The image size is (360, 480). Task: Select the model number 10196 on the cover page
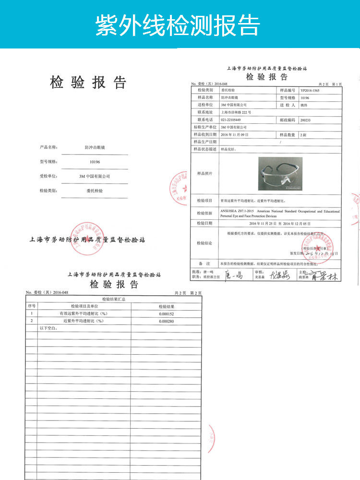point(94,162)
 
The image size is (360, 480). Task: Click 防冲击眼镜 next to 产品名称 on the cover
point(94,147)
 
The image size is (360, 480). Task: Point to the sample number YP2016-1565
point(310,90)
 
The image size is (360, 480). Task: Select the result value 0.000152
point(166,313)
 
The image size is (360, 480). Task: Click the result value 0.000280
point(166,321)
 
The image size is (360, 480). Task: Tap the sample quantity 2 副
point(303,134)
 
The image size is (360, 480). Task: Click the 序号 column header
point(32,306)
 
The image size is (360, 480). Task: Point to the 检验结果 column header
point(166,306)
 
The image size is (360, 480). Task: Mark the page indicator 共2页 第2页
point(187,293)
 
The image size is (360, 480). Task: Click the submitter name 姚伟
point(303,105)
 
